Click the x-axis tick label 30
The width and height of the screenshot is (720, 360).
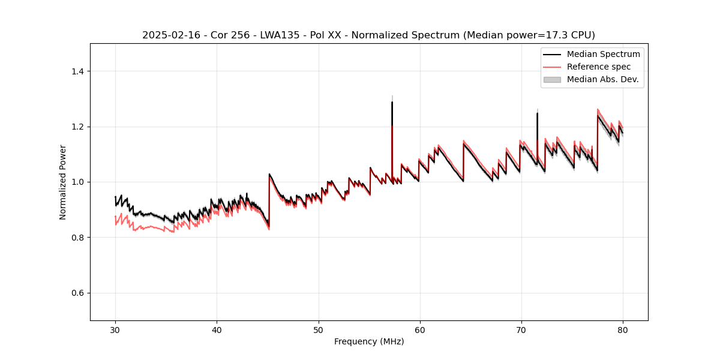(115, 330)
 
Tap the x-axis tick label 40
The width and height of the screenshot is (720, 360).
(217, 330)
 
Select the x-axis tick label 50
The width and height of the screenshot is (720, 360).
(318, 330)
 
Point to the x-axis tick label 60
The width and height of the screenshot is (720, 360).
(419, 330)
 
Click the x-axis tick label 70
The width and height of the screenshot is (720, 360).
(521, 330)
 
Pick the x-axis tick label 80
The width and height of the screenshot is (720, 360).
(622, 330)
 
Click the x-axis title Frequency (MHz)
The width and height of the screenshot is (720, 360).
(369, 341)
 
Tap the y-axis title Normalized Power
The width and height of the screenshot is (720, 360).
(63, 182)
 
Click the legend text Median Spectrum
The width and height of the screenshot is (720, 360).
(603, 54)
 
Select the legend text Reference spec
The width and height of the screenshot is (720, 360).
(599, 67)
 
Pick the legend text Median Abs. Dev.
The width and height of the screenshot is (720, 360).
(602, 79)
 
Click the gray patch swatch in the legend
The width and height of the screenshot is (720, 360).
(552, 79)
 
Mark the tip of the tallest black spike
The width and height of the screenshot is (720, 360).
(392, 102)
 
